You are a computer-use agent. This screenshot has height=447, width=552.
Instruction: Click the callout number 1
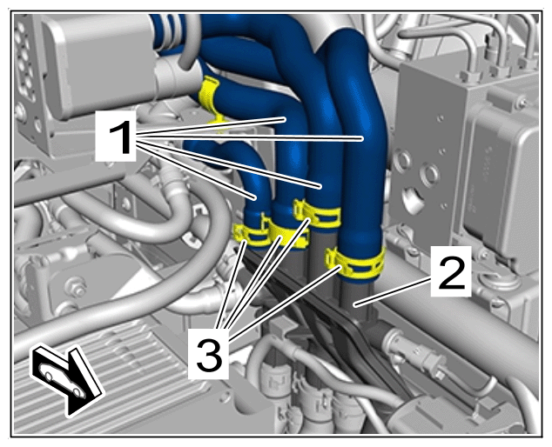pos(121,137)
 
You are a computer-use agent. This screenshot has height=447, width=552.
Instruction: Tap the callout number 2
pos(452,271)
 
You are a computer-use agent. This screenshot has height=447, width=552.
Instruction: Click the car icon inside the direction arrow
pos(61,381)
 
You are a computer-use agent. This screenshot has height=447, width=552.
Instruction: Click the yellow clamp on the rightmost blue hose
pos(355,262)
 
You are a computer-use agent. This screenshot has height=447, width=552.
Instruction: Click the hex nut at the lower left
pos(75,285)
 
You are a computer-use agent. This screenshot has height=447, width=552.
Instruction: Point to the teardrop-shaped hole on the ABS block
pos(414,201)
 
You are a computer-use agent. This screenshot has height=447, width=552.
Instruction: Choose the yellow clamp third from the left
pos(317,213)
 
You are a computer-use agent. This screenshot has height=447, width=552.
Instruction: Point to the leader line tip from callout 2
pos(355,306)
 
